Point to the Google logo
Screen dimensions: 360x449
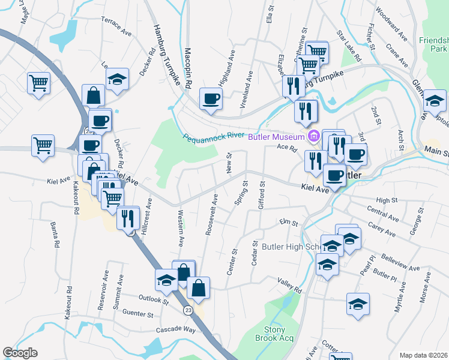[20, 353]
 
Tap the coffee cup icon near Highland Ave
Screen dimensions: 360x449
[211, 98]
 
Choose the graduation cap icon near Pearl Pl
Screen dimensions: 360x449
[358, 303]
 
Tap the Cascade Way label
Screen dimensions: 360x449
[178, 330]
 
